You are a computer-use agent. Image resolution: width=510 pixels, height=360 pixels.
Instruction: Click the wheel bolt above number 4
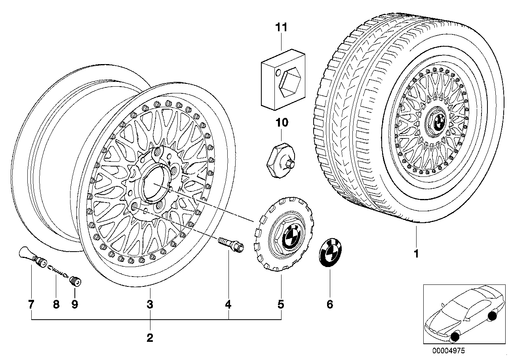click(x=231, y=244)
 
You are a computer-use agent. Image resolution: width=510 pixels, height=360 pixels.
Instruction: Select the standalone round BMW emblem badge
click(x=330, y=253)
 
